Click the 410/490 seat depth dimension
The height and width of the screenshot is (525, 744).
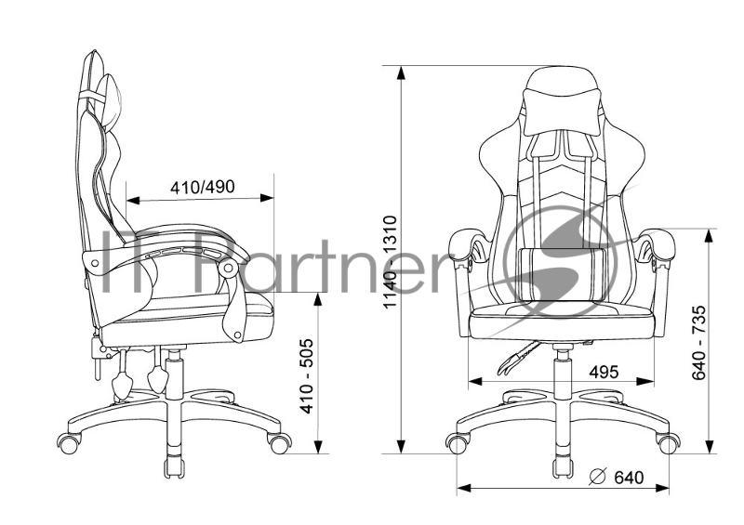click(203, 187)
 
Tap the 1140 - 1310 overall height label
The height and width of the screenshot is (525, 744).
click(390, 262)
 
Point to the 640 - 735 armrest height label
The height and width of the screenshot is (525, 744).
click(699, 343)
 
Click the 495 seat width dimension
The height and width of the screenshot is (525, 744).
click(604, 373)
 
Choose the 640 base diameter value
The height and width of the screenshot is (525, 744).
click(630, 477)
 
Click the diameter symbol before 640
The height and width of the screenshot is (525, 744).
click(598, 477)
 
